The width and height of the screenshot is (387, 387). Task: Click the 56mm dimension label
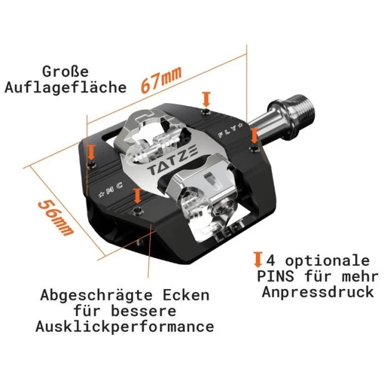(56, 217)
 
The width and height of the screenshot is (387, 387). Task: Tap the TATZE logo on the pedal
(172, 160)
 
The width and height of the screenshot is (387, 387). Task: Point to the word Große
(65, 72)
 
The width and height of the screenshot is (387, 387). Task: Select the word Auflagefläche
(66, 87)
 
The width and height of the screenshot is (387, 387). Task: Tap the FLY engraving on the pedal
(230, 130)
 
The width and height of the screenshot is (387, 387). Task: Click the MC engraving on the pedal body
(111, 190)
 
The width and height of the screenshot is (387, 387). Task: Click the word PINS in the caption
(275, 277)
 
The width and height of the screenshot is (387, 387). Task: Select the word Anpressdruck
(318, 292)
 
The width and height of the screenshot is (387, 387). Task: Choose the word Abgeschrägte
(96, 295)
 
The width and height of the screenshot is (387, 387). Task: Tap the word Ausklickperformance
(125, 326)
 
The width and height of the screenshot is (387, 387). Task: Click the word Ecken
(186, 295)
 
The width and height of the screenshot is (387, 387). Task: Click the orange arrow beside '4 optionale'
(258, 260)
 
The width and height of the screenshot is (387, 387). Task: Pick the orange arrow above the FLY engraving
(207, 100)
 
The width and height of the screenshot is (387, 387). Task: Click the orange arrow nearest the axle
(255, 136)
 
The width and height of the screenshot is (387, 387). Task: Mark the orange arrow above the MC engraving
(92, 152)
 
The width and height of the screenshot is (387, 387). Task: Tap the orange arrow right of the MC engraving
(137, 196)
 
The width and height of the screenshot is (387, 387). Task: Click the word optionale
(327, 261)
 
